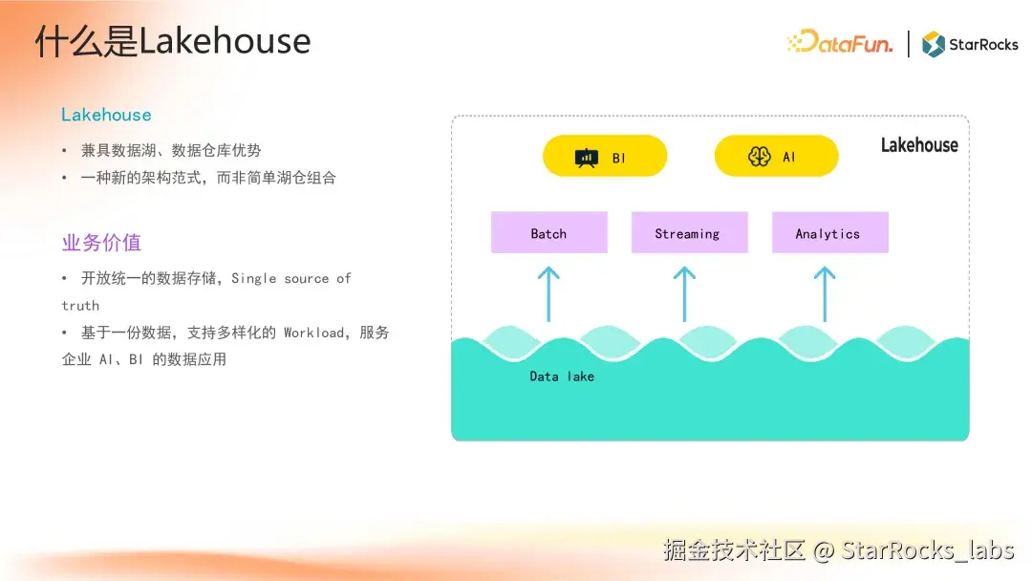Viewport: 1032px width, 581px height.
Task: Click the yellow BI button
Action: [x=605, y=156]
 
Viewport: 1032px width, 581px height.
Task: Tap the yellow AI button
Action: [x=777, y=156]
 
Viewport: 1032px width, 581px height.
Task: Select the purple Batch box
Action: [x=548, y=232]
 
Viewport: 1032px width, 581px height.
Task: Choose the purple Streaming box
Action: [x=689, y=232]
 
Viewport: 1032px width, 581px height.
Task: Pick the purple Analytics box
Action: [x=830, y=232]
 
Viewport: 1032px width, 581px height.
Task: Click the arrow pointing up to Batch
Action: [x=548, y=294]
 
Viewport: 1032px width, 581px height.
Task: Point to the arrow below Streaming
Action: [x=684, y=294]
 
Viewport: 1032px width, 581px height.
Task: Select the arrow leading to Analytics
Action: [x=825, y=294]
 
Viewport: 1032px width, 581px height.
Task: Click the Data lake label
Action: [x=562, y=377]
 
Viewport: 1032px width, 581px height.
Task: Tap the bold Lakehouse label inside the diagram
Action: [x=919, y=144]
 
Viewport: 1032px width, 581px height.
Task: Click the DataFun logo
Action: [x=840, y=43]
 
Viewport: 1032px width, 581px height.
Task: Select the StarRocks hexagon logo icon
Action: [x=934, y=44]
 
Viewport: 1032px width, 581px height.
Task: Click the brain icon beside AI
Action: [x=759, y=157]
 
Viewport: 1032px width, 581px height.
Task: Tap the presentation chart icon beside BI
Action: [x=587, y=158]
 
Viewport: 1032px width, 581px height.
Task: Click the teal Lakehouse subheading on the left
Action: [x=106, y=115]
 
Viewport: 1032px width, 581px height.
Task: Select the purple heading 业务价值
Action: [x=101, y=243]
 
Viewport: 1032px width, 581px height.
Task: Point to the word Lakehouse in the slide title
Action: [x=225, y=41]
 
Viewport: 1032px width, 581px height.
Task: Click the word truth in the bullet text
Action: [x=80, y=306]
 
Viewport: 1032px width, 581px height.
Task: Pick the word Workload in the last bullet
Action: [x=313, y=333]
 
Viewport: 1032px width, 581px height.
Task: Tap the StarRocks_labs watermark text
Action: [x=927, y=549]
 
